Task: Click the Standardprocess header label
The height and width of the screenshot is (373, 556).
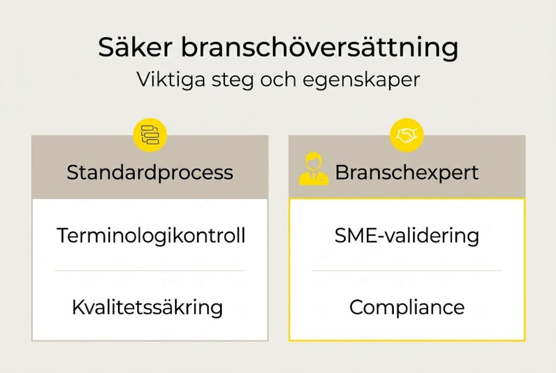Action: (150, 173)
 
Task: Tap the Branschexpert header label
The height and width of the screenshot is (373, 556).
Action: (406, 173)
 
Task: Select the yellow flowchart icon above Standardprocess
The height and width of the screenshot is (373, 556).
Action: (150, 135)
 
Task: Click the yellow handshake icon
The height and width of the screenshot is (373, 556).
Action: (407, 135)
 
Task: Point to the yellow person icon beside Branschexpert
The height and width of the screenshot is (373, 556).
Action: (313, 169)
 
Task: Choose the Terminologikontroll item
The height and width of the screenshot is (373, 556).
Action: (151, 236)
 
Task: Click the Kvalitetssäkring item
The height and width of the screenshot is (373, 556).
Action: (147, 307)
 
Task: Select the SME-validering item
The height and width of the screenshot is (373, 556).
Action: (407, 236)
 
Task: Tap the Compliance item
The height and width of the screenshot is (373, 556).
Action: (407, 308)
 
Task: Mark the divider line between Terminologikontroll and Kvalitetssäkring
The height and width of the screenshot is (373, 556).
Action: (150, 270)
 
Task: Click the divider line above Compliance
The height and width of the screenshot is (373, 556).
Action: (407, 270)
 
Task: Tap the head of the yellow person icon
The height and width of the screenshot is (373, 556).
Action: (313, 160)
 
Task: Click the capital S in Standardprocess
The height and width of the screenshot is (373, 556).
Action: (73, 173)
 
